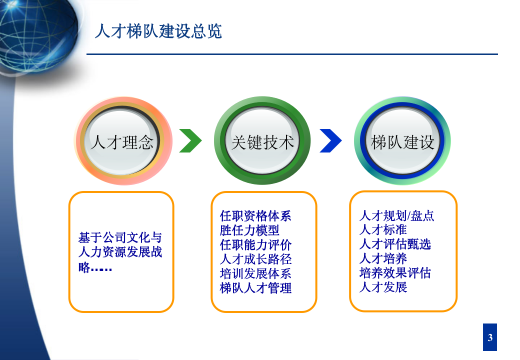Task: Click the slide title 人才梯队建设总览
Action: [x=158, y=31]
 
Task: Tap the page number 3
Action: [x=490, y=337]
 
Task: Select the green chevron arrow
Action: [x=190, y=141]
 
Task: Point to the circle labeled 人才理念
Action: [x=122, y=142]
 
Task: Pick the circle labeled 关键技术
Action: [x=262, y=142]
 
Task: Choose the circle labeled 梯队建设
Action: [x=402, y=142]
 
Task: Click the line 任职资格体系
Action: [x=255, y=216]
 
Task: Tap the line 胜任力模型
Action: [x=249, y=230]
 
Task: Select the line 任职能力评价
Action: [x=255, y=245]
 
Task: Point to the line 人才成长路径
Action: [x=255, y=259]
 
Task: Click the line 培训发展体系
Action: [x=255, y=274]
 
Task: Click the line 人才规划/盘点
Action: [x=396, y=216]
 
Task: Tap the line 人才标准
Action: [x=383, y=230]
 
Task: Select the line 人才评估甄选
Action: [x=395, y=244]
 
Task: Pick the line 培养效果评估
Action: [x=395, y=273]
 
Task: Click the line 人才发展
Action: [x=383, y=287]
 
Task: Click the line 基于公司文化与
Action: [x=120, y=237]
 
